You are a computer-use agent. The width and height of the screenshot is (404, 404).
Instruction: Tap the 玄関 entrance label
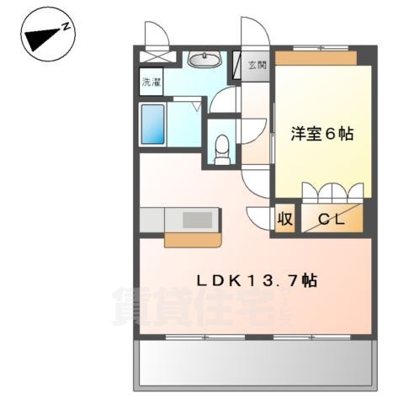click(x=256, y=66)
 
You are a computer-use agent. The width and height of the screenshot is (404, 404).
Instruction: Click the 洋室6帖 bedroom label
click(x=322, y=133)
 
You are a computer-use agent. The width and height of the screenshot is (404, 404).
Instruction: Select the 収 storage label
click(x=285, y=219)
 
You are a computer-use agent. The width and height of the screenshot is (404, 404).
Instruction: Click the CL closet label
click(x=332, y=219)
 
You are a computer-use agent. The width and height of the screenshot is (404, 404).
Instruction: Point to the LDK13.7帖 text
click(x=257, y=279)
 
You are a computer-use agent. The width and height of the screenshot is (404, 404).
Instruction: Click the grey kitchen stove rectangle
click(x=199, y=219)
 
